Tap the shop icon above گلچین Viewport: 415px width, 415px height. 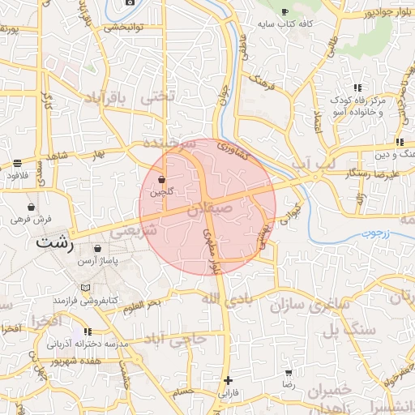click(x=162, y=179)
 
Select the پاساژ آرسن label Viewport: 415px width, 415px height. click(x=98, y=262)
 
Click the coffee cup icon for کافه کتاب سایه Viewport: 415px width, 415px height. click(x=284, y=11)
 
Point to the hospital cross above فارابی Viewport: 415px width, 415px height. click(x=228, y=379)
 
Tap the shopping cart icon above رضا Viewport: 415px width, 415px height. click(x=288, y=374)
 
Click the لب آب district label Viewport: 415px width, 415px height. click(x=312, y=165)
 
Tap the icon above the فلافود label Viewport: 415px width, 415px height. click(x=17, y=162)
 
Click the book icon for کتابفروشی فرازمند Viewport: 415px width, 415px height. click(x=86, y=287)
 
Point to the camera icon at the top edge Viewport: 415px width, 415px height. click(x=130, y=2)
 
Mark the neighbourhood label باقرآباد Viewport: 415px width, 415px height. click(x=105, y=99)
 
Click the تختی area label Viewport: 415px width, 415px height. click(x=158, y=96)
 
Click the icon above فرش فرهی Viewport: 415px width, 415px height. click(x=31, y=207)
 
